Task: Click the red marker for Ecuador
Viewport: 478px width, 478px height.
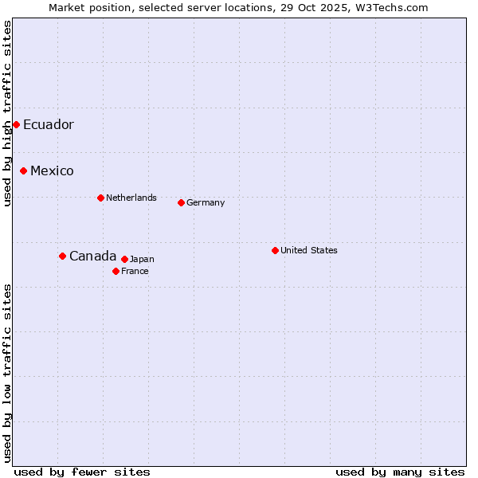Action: pos(16,124)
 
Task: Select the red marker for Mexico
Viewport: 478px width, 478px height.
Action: pos(24,170)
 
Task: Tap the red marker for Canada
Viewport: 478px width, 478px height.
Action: pos(62,256)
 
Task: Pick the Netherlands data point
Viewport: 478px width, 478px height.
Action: pos(100,198)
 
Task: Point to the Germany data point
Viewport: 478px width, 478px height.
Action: pos(181,202)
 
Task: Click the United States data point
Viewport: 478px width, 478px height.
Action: pos(275,250)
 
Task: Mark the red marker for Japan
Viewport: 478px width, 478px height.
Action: pos(124,259)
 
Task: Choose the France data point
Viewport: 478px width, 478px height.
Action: pos(116,271)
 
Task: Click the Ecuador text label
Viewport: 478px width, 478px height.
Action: pos(48,125)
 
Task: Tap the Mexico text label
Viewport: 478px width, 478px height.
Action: pos(52,171)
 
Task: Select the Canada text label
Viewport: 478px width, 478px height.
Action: pos(92,256)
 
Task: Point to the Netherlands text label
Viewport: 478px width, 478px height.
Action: pos(131,198)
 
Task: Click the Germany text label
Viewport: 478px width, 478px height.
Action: pos(206,202)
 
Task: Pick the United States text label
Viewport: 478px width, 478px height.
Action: pos(309,250)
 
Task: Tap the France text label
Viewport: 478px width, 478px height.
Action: pos(135,271)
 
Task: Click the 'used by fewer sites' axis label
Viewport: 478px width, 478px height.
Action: pos(82,472)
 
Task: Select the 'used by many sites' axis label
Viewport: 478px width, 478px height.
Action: pos(400,472)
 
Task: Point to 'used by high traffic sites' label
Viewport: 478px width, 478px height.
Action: pos(7,113)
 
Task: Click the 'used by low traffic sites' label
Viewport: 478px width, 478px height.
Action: pos(7,373)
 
